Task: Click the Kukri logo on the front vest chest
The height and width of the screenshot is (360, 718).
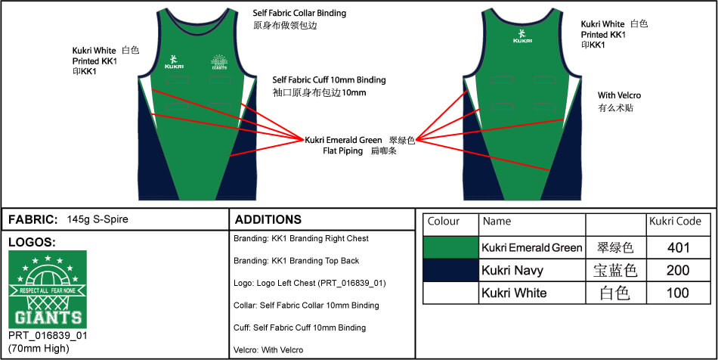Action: pos(174,62)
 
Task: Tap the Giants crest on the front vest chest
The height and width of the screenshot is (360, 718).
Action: pos(219,62)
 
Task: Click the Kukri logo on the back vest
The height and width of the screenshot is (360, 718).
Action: pos(522,36)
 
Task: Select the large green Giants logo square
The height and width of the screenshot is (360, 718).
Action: pos(48,289)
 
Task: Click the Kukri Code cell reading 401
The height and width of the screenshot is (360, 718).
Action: pos(678,248)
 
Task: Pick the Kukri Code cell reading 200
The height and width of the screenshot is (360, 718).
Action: pos(678,270)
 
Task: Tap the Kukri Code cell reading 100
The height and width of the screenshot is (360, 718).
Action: pos(678,293)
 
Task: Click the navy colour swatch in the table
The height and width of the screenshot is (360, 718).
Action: pos(450,270)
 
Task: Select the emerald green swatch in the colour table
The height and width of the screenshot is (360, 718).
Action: pos(450,248)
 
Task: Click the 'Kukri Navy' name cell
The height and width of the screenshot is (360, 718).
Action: pos(512,270)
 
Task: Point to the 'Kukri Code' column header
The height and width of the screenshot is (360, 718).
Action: pos(675,222)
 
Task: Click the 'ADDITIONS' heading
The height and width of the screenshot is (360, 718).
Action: pos(268,219)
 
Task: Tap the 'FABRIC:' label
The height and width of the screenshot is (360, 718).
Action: pos(33,219)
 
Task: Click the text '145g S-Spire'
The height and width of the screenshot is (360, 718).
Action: pos(97,219)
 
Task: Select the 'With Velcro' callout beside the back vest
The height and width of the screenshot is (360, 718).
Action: pos(619,95)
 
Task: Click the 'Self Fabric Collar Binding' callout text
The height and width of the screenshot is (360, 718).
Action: pos(299,14)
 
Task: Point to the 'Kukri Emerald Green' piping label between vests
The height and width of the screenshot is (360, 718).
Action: pos(343,140)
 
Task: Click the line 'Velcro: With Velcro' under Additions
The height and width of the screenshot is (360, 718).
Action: pos(268,350)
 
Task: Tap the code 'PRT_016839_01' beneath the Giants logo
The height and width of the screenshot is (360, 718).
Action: pos(48,336)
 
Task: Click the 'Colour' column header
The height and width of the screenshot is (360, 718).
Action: pos(443,222)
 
